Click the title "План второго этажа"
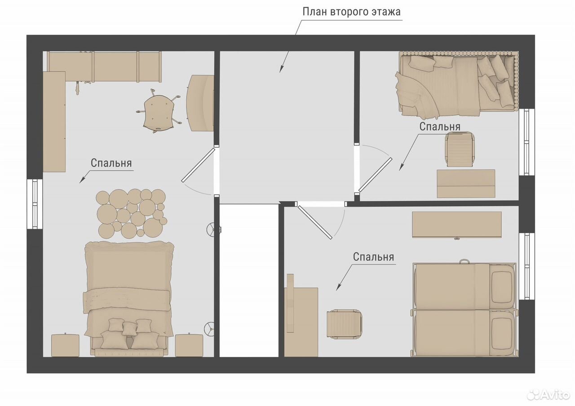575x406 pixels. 351,12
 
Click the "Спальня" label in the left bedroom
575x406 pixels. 111,163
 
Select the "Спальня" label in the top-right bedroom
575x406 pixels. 440,127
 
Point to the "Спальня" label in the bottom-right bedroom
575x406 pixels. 373,257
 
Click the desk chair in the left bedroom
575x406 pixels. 159,111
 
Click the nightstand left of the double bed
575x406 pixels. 65,345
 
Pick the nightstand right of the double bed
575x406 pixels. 189,345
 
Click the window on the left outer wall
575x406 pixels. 35,204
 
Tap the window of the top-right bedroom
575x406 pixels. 527,142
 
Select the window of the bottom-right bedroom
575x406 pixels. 527,266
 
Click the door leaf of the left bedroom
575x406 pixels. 198,165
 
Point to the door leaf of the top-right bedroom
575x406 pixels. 375,175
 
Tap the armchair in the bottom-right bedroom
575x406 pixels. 345,324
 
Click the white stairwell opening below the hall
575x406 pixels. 249,281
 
